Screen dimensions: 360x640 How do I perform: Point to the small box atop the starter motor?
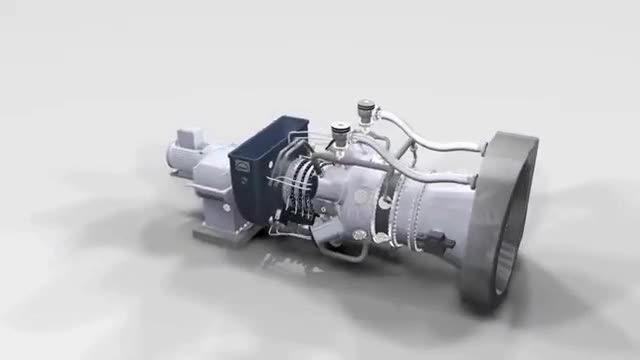(x=190, y=136)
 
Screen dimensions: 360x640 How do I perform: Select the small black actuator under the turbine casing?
(x=437, y=240)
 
